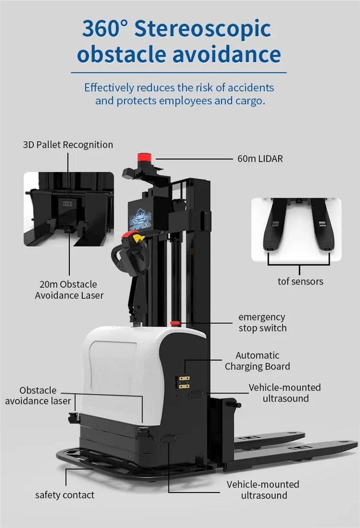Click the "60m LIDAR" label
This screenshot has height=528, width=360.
[x=260, y=159]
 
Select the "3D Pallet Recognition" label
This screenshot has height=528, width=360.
[x=68, y=145]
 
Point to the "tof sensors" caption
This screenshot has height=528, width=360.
[x=300, y=281]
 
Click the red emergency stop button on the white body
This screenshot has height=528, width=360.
[x=175, y=323]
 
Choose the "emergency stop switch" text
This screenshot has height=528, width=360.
[x=263, y=322]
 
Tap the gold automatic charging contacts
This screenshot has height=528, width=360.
[x=184, y=382]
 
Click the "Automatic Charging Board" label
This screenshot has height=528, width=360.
[x=257, y=361]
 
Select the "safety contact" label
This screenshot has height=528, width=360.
[x=65, y=495]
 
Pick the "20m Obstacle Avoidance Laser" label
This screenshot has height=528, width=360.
[x=69, y=290]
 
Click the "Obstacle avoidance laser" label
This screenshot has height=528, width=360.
[x=38, y=395]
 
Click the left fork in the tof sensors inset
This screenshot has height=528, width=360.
[x=274, y=224]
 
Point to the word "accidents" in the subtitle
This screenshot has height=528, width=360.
[x=251, y=88]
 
